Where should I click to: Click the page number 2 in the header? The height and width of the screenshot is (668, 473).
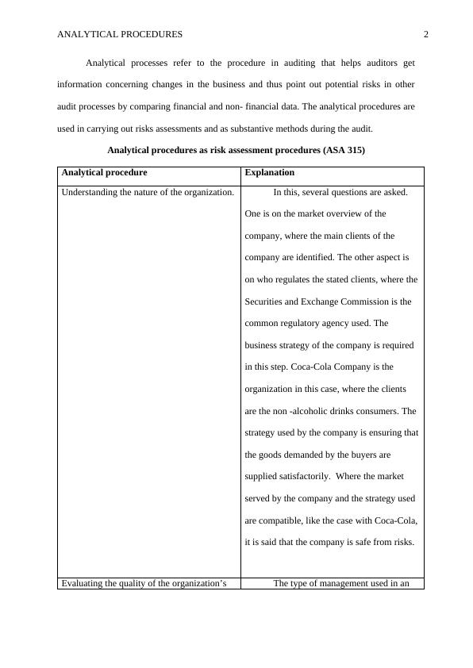[x=426, y=34]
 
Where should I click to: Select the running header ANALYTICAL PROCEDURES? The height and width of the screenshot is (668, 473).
[x=120, y=34]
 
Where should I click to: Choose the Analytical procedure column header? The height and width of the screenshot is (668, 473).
[x=104, y=172]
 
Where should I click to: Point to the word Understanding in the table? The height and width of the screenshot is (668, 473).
[x=89, y=192]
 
